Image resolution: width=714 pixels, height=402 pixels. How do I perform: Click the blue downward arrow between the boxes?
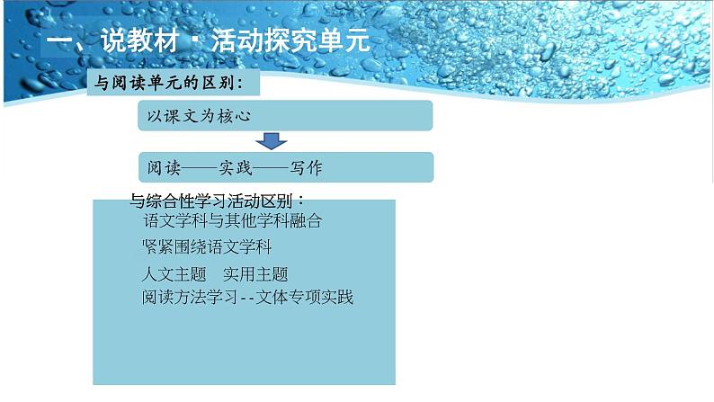pyautogui.click(x=271, y=141)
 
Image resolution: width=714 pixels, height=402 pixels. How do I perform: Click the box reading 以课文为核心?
pyautogui.click(x=285, y=116)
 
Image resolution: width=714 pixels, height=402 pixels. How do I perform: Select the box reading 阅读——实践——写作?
pyautogui.click(x=285, y=168)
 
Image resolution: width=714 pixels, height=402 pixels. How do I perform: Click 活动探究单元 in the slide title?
pyautogui.click(x=288, y=42)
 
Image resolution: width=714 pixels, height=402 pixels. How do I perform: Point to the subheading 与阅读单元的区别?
pyautogui.click(x=170, y=84)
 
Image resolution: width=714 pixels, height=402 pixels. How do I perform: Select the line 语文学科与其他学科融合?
pyautogui.click(x=232, y=220)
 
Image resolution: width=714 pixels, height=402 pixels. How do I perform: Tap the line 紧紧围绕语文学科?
pyautogui.click(x=208, y=246)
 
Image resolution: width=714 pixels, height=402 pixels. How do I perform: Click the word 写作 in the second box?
pyautogui.click(x=306, y=168)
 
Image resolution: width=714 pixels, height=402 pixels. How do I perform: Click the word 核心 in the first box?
pyautogui.click(x=232, y=116)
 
